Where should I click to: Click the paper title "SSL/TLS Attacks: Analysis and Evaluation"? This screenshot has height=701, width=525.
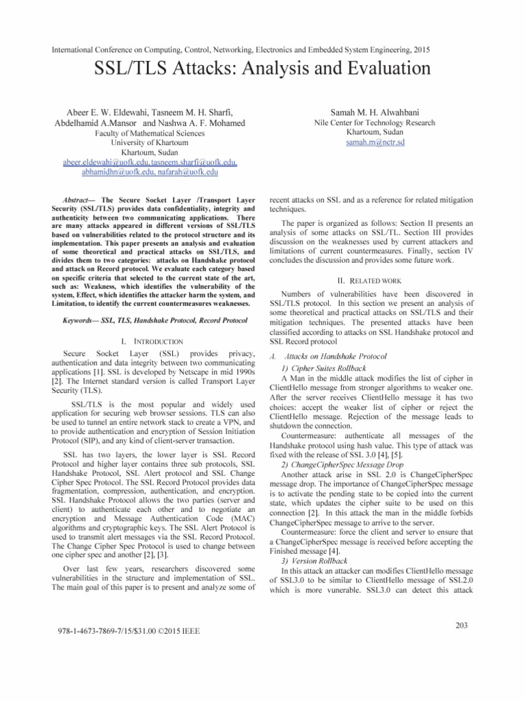[262, 69]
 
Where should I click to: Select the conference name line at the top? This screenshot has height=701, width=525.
[262, 49]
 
